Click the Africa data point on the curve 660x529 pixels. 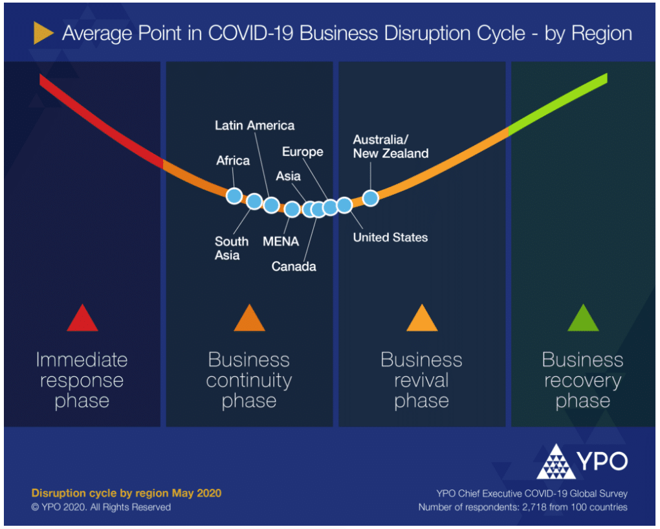(234, 196)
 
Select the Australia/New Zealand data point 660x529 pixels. (370, 198)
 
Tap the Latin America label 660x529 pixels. (255, 126)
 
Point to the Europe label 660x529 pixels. (303, 152)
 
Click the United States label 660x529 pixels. (390, 238)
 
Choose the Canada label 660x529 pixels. (294, 267)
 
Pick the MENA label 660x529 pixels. (281, 242)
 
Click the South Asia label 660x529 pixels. (232, 248)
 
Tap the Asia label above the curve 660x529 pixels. (289, 176)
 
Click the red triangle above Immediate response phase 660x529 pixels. (83, 319)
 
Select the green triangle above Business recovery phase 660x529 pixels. (583, 319)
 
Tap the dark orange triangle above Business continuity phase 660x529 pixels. (249, 319)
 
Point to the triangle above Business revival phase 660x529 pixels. (422, 319)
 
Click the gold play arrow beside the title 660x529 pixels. (43, 33)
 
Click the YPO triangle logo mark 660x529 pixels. (556, 462)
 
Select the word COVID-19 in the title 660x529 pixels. (250, 33)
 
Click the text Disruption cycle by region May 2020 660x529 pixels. (126, 493)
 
